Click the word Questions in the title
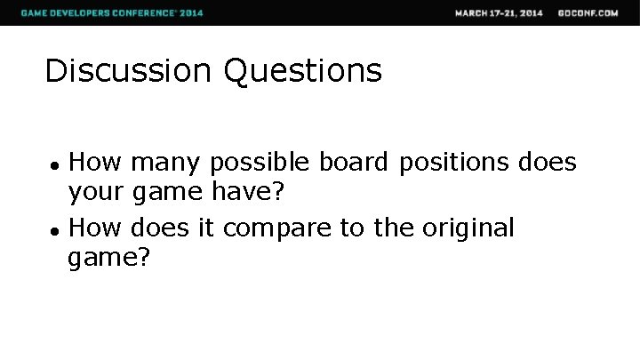point(303,71)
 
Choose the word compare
point(277,229)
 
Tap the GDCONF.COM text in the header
point(588,12)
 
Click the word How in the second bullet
point(95,228)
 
